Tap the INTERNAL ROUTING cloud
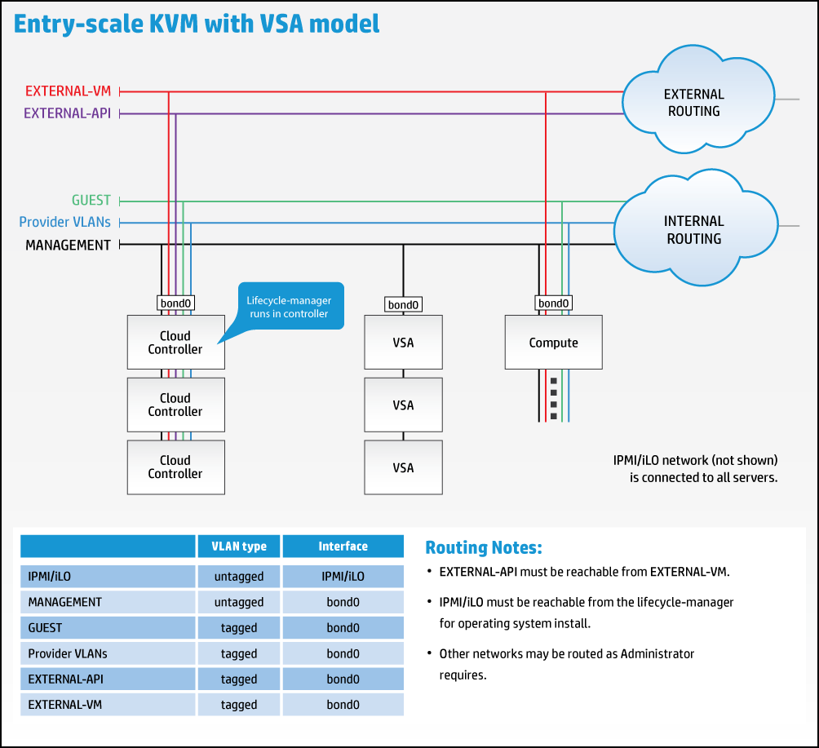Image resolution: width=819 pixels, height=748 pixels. click(693, 229)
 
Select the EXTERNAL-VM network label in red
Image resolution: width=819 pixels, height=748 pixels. click(68, 91)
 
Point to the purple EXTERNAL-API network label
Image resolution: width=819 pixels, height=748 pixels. click(67, 113)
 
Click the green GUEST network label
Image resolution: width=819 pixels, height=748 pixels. click(91, 201)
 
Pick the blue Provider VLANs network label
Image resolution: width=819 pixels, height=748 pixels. click(64, 222)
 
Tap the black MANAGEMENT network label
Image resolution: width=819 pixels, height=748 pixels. click(68, 245)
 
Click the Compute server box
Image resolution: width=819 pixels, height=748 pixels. click(553, 343)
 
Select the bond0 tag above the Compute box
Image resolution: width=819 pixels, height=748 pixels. click(553, 303)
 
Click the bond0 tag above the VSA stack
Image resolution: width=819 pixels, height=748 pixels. click(403, 304)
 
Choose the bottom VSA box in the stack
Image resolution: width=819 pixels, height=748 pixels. click(403, 467)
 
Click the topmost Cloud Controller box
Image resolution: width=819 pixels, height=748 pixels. click(175, 343)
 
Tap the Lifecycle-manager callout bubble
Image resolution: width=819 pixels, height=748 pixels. click(290, 307)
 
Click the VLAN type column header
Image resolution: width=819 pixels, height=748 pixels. click(238, 547)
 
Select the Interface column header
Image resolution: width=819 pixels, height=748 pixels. click(343, 547)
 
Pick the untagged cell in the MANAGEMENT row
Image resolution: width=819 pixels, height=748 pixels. click(238, 602)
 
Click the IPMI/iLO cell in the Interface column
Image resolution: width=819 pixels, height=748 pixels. click(343, 576)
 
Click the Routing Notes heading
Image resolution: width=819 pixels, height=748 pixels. click(483, 547)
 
